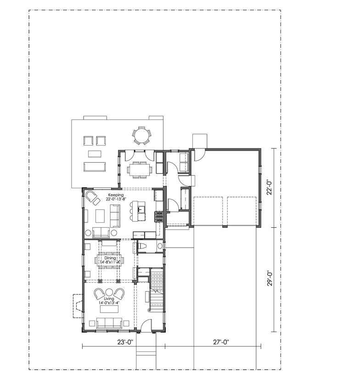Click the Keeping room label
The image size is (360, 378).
coord(116,195)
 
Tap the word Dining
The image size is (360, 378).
coord(110,258)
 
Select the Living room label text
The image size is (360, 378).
coord(109,299)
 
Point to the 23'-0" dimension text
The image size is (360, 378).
coord(125,342)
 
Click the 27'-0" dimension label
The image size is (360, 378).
coord(221,342)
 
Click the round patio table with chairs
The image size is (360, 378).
coord(142,135)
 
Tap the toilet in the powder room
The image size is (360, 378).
coord(143,246)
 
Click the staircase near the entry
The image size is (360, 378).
coord(157,289)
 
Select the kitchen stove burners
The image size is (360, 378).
coord(159,216)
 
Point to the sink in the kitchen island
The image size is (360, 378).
coord(141,209)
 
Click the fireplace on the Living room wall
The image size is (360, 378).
coord(78,306)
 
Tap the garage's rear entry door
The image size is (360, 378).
coord(200,155)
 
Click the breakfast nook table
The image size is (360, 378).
coord(140,169)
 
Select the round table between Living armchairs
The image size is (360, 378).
coord(109,292)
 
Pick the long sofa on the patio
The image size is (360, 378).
coord(95,167)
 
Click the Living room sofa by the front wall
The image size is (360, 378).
coord(109,323)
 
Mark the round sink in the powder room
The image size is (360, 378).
coord(160,246)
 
